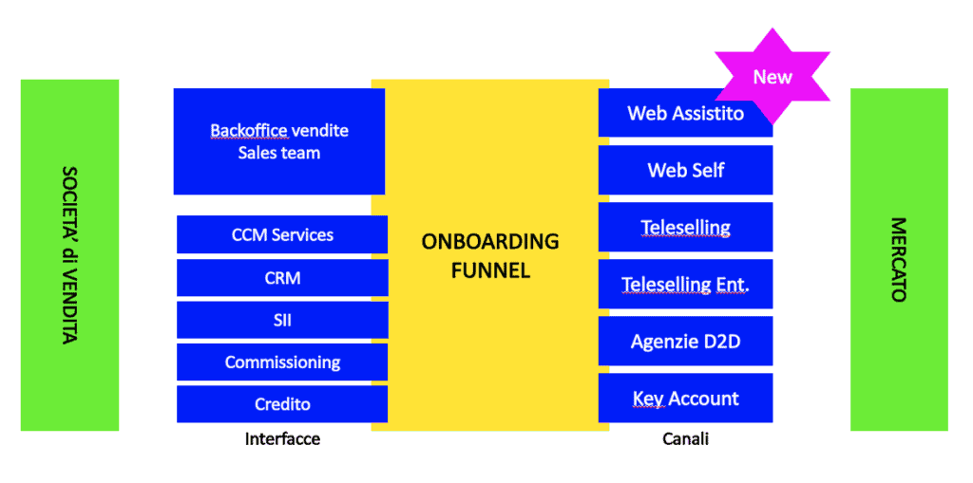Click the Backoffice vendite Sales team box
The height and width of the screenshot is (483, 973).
pyautogui.click(x=279, y=141)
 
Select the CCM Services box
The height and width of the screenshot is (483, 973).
pyautogui.click(x=282, y=234)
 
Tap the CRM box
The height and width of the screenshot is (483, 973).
pyautogui.click(x=282, y=278)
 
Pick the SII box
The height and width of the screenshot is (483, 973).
pyautogui.click(x=282, y=320)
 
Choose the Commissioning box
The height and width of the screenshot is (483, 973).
pyautogui.click(x=282, y=362)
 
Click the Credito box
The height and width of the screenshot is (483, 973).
pyautogui.click(x=282, y=404)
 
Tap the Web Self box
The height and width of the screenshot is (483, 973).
pyautogui.click(x=686, y=170)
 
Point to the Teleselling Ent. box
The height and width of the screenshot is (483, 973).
pyautogui.click(x=686, y=284)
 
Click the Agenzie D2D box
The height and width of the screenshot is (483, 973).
pyautogui.click(x=686, y=341)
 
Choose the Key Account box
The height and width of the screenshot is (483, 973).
pyautogui.click(x=686, y=398)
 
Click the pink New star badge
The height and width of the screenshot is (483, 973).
pyautogui.click(x=773, y=76)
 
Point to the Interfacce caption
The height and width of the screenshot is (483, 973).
pyautogui.click(x=282, y=439)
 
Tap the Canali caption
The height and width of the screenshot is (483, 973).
pyautogui.click(x=686, y=439)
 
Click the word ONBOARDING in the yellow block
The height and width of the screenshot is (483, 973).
pyautogui.click(x=490, y=241)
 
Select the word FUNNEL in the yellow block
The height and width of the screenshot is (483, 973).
pyautogui.click(x=490, y=270)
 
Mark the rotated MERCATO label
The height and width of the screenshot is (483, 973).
pyautogui.click(x=899, y=259)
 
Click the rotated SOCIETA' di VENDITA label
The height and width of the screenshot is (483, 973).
pyautogui.click(x=69, y=255)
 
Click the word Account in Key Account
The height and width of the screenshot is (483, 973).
pyautogui.click(x=705, y=398)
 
